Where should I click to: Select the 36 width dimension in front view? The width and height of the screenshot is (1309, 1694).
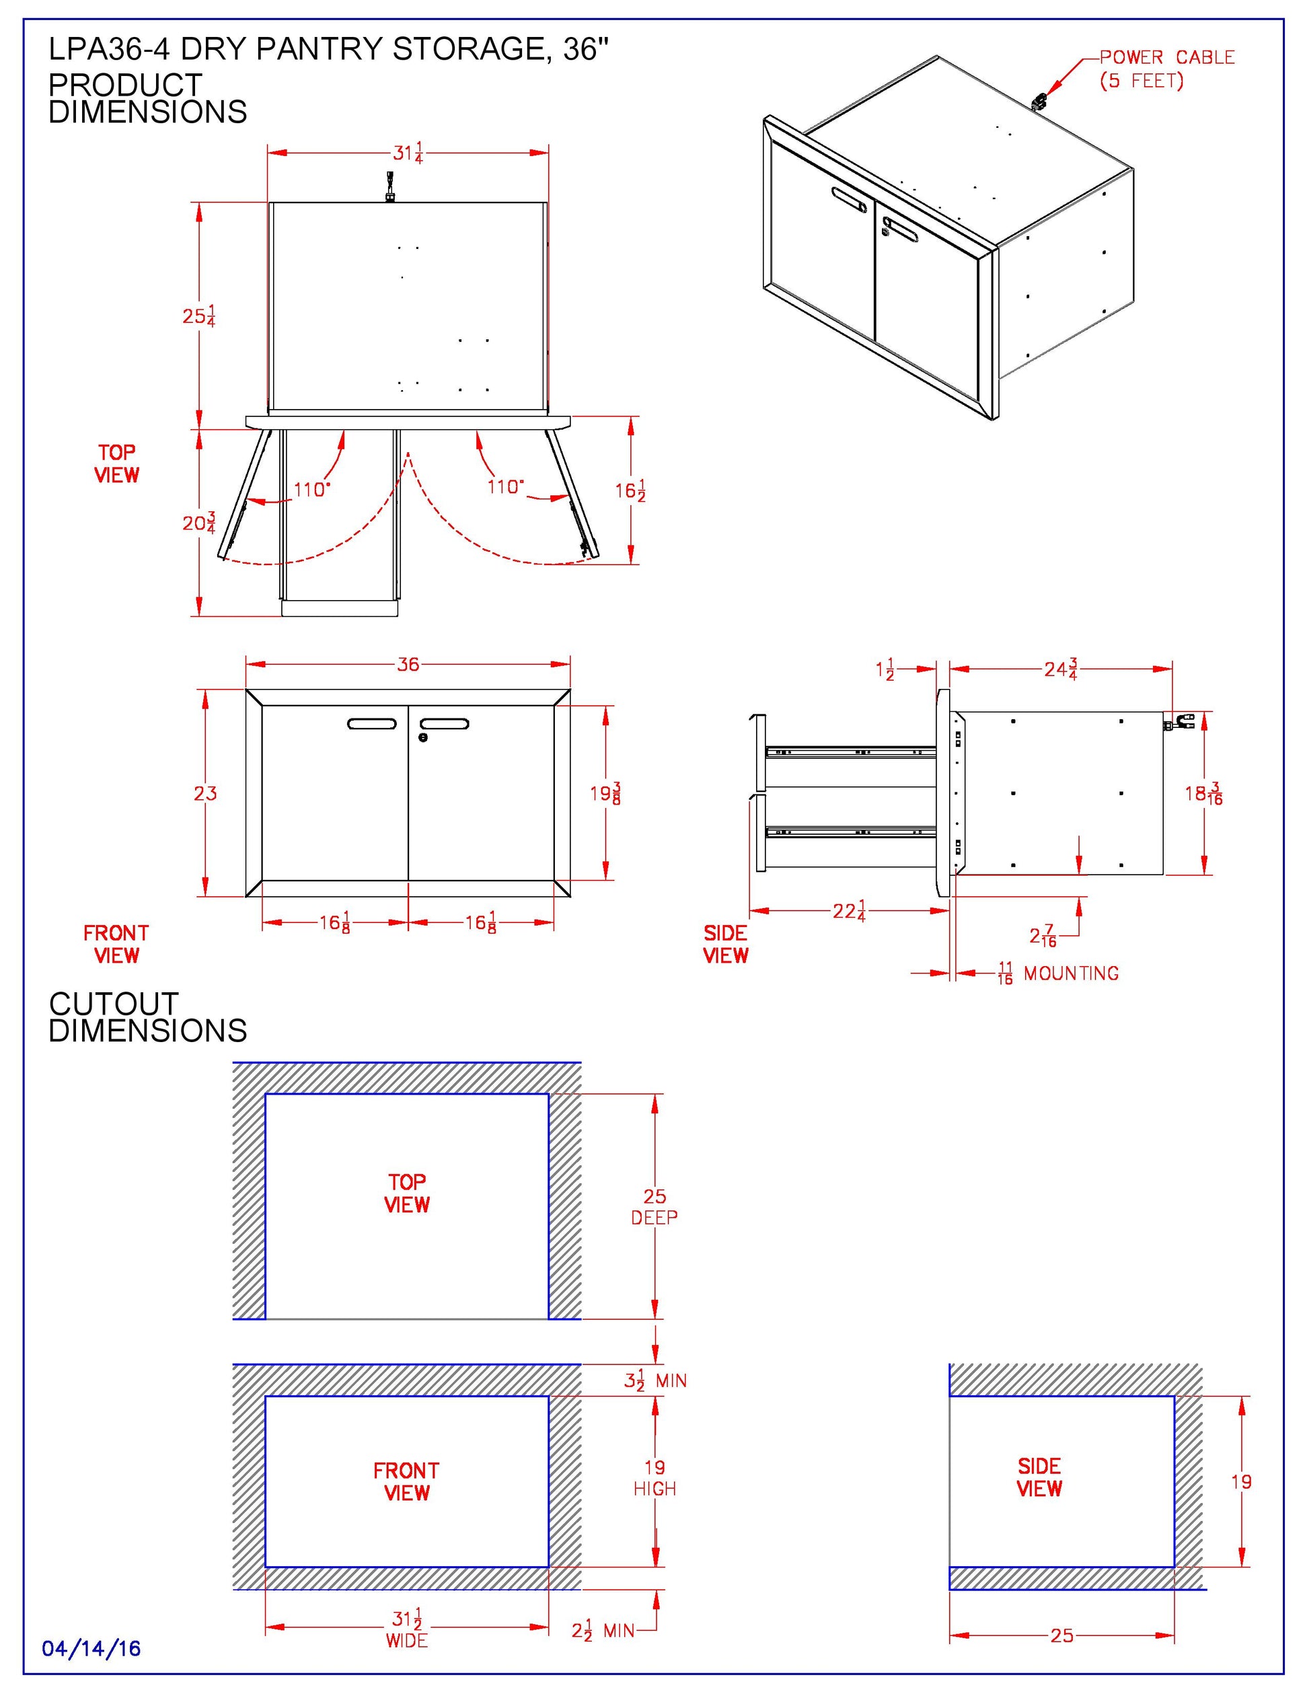(x=408, y=664)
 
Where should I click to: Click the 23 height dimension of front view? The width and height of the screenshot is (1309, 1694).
(x=206, y=793)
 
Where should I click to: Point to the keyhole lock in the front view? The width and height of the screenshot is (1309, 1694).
(x=422, y=737)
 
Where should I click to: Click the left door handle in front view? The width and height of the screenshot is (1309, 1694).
(x=372, y=725)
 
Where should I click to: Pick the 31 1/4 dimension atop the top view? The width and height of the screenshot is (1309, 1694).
(x=408, y=153)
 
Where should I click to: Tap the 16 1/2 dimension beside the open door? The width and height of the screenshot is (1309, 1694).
(x=630, y=491)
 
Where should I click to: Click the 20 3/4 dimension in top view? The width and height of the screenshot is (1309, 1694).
(x=198, y=523)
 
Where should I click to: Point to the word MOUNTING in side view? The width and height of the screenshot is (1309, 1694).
(x=1071, y=973)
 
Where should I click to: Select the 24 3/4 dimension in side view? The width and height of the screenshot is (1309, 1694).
(x=1061, y=669)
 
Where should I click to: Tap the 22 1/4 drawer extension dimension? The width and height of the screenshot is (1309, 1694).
(x=849, y=912)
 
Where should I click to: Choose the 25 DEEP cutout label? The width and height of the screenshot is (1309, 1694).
(x=654, y=1207)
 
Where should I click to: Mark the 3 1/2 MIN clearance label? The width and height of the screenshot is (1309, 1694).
(x=655, y=1380)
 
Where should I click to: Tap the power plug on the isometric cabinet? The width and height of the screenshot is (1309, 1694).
(x=1039, y=100)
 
